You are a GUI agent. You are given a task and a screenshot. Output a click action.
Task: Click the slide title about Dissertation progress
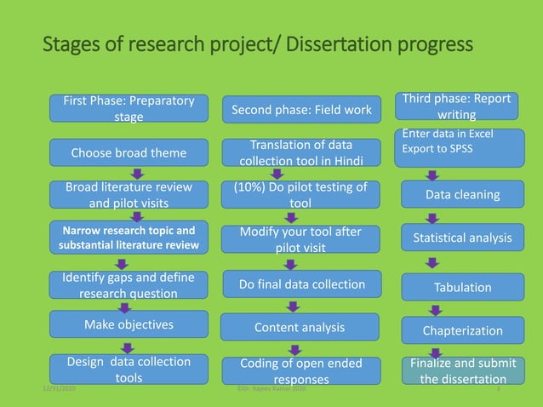(257, 42)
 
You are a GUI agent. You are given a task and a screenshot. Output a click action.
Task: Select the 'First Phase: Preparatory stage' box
(129, 108)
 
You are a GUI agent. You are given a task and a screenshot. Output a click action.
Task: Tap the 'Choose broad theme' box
(129, 152)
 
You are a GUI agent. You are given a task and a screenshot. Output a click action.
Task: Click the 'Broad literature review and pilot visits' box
(129, 195)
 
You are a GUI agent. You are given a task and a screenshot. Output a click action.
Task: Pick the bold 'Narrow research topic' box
(129, 238)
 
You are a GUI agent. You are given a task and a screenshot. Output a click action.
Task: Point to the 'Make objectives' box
(129, 324)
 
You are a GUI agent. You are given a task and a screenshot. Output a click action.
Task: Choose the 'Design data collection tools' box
(129, 369)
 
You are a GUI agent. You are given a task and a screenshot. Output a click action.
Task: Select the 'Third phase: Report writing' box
(462, 106)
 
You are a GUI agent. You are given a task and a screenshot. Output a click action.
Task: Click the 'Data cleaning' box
(462, 195)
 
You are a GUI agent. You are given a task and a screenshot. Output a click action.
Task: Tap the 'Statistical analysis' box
(462, 238)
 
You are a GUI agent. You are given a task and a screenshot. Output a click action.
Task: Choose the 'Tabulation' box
(462, 287)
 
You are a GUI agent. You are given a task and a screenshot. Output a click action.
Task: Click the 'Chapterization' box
(462, 330)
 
